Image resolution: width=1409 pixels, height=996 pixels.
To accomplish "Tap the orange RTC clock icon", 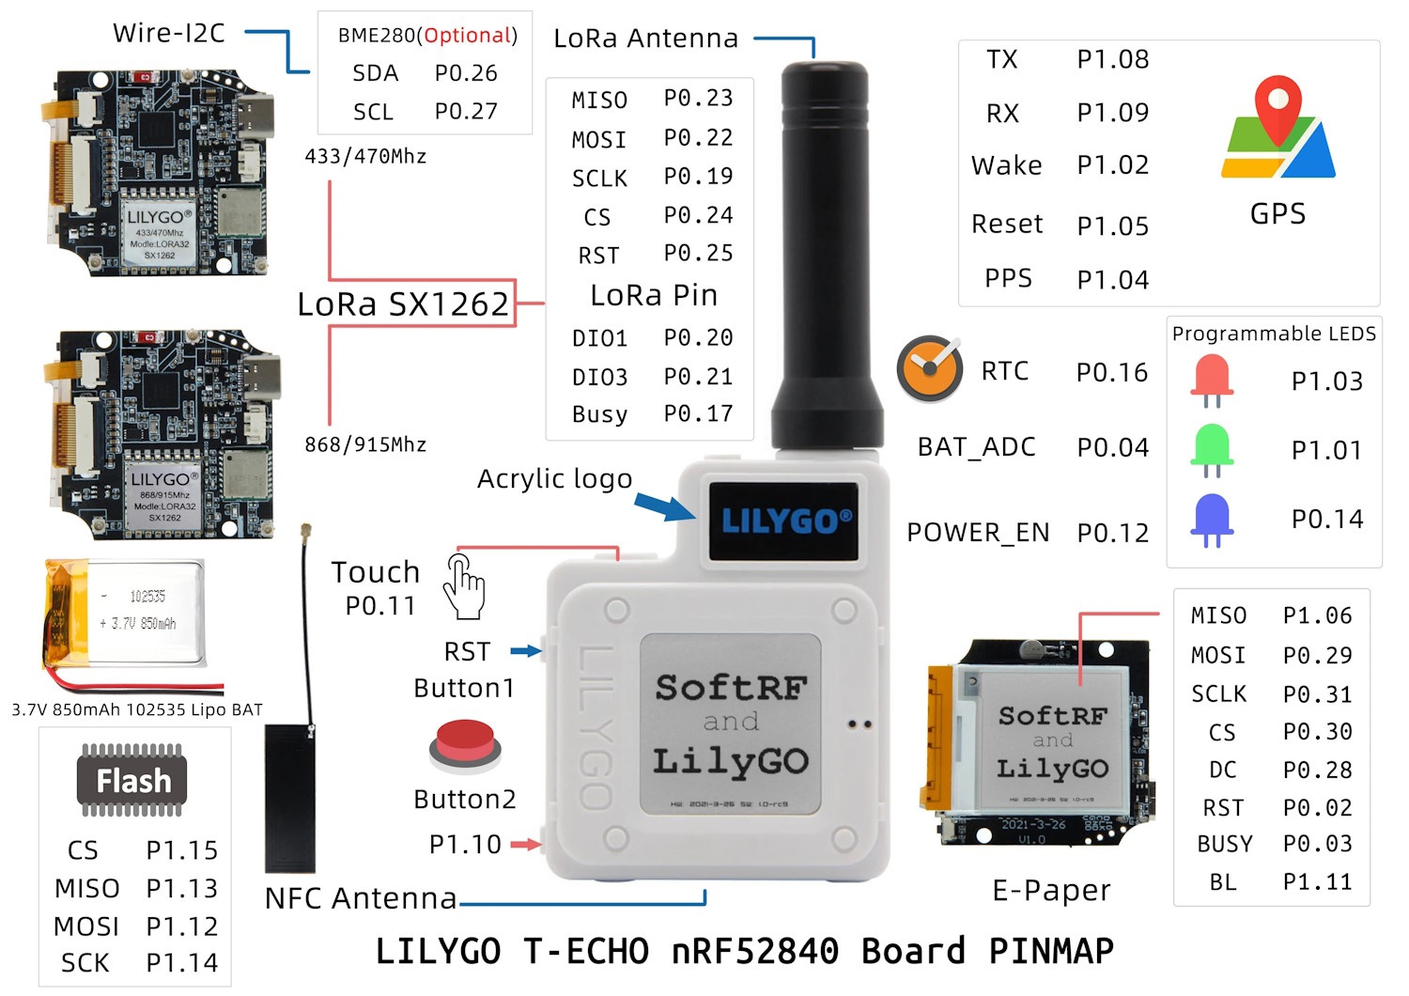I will pyautogui.click(x=929, y=368).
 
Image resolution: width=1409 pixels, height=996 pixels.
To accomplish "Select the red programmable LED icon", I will pyautogui.click(x=1212, y=380).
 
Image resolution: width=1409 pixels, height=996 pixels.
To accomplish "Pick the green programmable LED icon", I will pyautogui.click(x=1212, y=449).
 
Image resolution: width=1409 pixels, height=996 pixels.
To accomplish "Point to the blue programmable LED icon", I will pyautogui.click(x=1212, y=519).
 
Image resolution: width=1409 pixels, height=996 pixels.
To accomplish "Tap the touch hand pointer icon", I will pyautogui.click(x=464, y=586).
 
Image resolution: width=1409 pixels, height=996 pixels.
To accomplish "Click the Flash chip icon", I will pyautogui.click(x=133, y=780).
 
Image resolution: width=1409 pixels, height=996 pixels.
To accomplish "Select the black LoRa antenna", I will pyautogui.click(x=825, y=254).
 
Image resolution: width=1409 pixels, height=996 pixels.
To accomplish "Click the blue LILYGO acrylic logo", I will pyautogui.click(x=783, y=521).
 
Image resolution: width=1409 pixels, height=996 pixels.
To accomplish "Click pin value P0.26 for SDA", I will pyautogui.click(x=466, y=73).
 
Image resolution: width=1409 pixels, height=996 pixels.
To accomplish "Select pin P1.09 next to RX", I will pyautogui.click(x=1112, y=113).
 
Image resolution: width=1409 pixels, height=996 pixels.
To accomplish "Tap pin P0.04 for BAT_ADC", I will pyautogui.click(x=1112, y=447).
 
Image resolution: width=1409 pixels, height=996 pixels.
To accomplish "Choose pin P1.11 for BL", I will pyautogui.click(x=1317, y=881).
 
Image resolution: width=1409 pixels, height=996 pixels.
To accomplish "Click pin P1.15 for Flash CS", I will pyautogui.click(x=181, y=849).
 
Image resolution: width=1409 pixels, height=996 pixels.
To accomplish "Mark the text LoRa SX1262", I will pyautogui.click(x=403, y=303).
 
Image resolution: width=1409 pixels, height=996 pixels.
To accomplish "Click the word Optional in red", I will pyautogui.click(x=467, y=36).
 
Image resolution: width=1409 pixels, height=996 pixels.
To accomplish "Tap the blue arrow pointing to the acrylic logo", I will pyautogui.click(x=664, y=507).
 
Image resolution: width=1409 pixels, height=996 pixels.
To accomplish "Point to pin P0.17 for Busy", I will pyautogui.click(x=698, y=413).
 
